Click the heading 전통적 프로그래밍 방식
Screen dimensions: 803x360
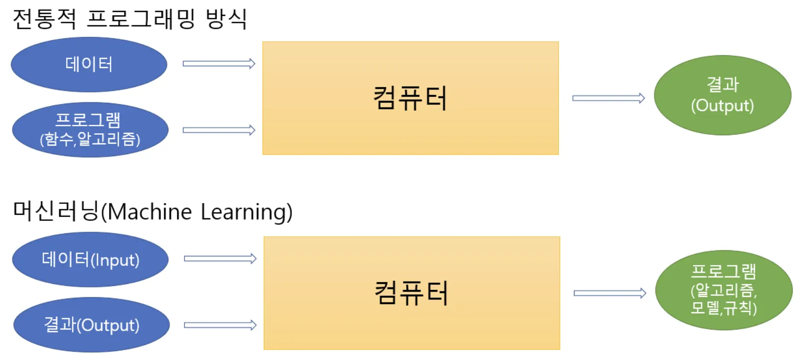(130, 19)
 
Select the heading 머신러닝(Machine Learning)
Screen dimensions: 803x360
(153, 211)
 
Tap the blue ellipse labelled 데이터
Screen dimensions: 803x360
(89, 65)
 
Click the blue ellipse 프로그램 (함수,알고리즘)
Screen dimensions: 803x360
(90, 129)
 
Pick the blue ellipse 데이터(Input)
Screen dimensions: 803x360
(90, 259)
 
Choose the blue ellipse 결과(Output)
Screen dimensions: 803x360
(91, 325)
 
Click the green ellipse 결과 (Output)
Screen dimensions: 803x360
(723, 95)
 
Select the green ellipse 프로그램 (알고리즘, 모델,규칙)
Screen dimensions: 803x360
(724, 290)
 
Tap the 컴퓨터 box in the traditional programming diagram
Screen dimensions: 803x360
(410, 98)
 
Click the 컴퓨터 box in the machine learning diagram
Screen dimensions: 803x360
(412, 293)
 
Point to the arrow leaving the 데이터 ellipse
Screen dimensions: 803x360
(219, 64)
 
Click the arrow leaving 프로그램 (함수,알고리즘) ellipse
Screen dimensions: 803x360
(219, 130)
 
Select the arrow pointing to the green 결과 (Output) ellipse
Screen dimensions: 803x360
(609, 98)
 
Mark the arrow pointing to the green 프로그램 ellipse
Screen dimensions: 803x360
(610, 293)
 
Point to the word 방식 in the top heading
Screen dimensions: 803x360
(227, 19)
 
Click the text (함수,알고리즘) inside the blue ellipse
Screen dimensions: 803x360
(90, 139)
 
